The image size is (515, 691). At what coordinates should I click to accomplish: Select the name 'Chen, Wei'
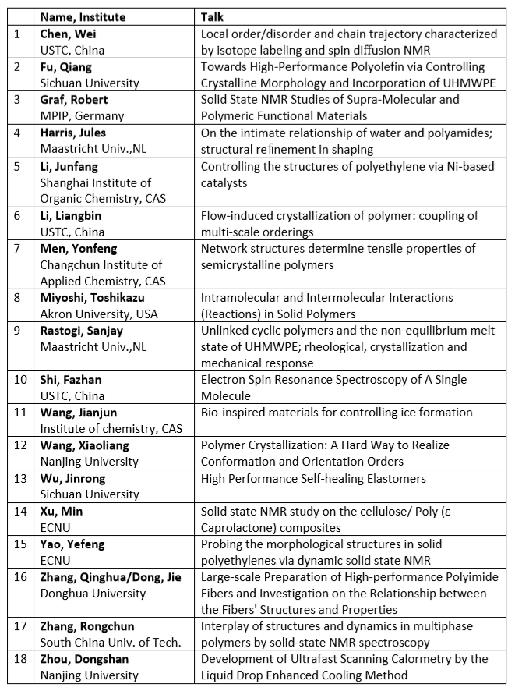68,34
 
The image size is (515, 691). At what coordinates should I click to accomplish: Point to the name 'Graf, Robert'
74,100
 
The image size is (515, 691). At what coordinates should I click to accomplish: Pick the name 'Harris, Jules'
75,133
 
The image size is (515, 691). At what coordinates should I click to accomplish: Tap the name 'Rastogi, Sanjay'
81,331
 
